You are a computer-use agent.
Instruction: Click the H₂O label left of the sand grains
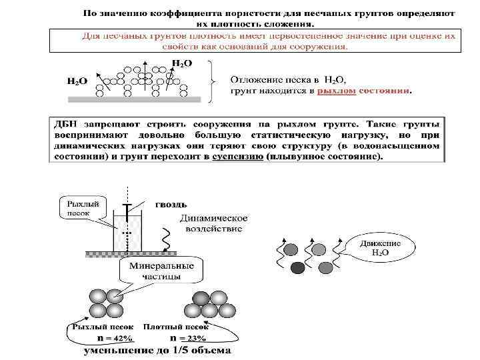click(77, 81)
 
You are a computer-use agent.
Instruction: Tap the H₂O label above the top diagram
click(182, 63)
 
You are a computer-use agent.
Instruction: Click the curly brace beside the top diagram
click(213, 81)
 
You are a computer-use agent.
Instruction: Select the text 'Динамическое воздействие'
click(212, 223)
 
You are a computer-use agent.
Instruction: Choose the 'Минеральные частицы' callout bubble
click(157, 271)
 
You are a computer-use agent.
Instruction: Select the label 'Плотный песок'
click(183, 327)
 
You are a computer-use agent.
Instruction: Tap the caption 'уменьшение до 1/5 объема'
click(157, 349)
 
